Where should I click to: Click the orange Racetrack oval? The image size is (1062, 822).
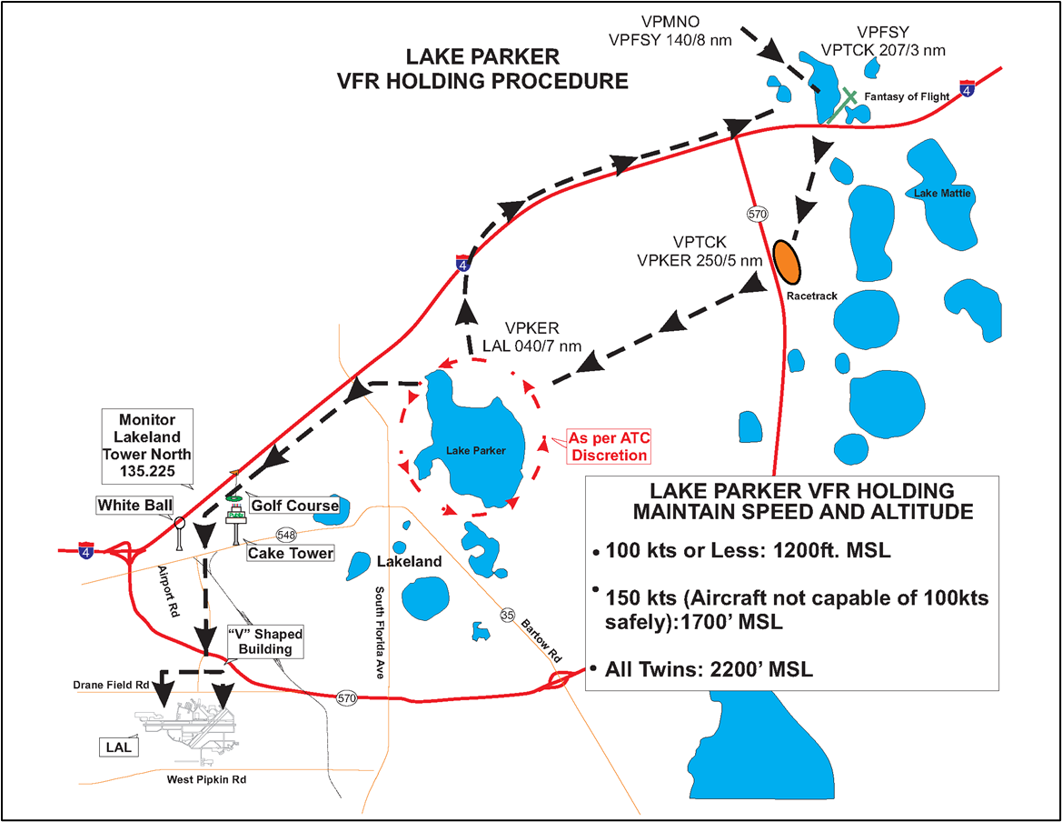click(x=786, y=262)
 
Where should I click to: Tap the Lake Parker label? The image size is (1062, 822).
click(x=475, y=450)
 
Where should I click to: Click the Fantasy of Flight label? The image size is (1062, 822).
click(x=907, y=96)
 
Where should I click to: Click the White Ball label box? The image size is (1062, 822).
click(x=135, y=505)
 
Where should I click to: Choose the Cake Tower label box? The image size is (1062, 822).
click(x=291, y=552)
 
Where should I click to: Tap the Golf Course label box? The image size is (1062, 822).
click(x=294, y=506)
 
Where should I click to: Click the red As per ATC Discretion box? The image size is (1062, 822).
click(x=610, y=446)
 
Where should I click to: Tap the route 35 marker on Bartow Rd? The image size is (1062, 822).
click(x=507, y=616)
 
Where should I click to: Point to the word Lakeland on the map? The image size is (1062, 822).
click(x=412, y=561)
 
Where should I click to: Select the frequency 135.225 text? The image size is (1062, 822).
click(x=146, y=472)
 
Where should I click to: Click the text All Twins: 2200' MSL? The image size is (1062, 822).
click(x=709, y=670)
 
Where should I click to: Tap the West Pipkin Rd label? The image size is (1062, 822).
click(x=206, y=779)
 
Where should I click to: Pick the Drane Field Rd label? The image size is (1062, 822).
click(x=112, y=684)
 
